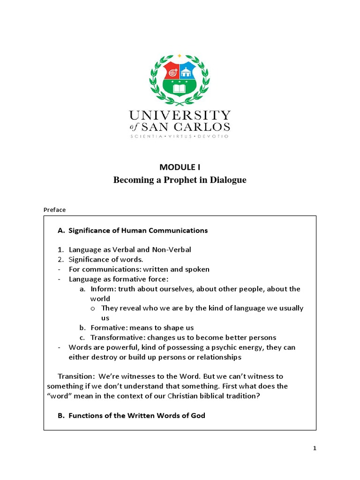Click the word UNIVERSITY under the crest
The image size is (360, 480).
click(180, 115)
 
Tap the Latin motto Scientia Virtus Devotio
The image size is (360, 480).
click(180, 136)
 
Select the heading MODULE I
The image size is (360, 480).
click(180, 166)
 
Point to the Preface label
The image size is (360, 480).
click(54, 210)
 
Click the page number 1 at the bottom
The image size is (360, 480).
click(315, 448)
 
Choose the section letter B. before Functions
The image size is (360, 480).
click(61, 416)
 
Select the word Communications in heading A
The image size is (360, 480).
click(178, 230)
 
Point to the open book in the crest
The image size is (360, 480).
click(180, 88)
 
